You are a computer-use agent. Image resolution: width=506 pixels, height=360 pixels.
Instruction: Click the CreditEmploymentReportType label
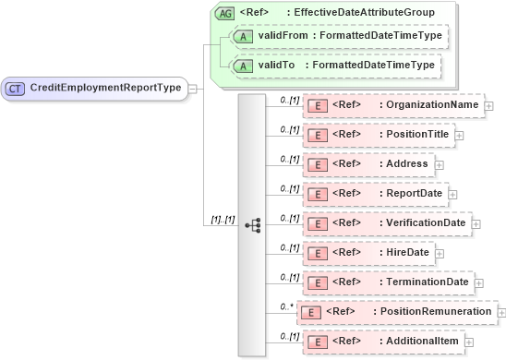106,88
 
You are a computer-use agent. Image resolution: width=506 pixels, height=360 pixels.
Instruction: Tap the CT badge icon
16,88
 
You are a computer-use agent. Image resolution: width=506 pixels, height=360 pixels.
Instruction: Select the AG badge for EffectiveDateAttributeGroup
223,13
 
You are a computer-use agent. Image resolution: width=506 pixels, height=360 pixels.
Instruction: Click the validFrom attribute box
338,36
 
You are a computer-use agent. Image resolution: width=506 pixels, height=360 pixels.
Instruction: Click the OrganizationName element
393,105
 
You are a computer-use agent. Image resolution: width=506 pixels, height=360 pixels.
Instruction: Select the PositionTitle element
379,135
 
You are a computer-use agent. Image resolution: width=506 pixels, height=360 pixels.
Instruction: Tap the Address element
368,164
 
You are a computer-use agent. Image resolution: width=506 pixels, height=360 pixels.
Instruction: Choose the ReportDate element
378,194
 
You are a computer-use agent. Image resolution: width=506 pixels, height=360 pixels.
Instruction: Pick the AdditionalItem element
384,342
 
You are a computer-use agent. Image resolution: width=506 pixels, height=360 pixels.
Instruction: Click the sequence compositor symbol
252,224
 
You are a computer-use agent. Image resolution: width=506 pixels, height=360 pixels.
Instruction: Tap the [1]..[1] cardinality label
223,220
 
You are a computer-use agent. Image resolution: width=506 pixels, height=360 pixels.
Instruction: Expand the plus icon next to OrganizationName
489,106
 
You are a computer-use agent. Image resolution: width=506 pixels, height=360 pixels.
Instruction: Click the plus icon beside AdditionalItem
470,342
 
